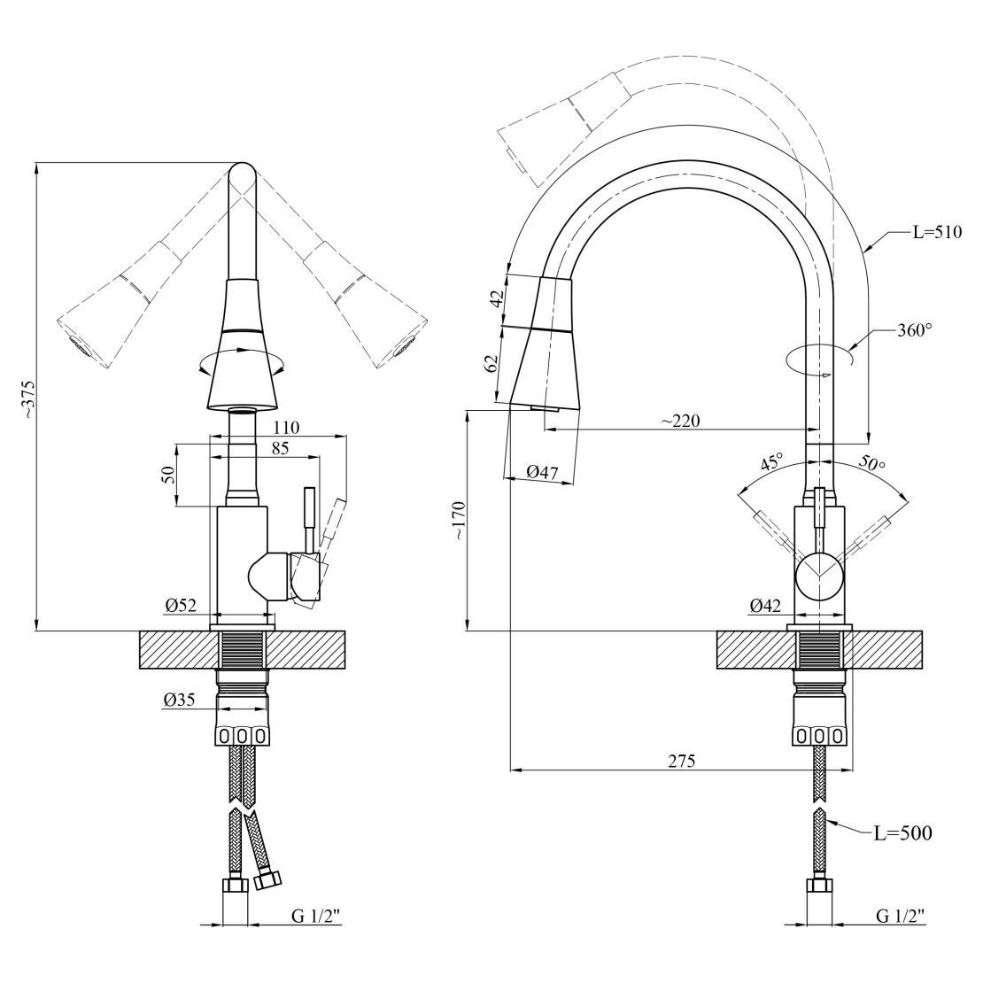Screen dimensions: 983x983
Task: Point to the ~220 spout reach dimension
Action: (x=680, y=421)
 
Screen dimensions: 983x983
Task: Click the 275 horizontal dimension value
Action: (x=681, y=761)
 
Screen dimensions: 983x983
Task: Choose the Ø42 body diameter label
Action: (x=764, y=606)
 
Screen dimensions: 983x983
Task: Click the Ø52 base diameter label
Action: (x=180, y=606)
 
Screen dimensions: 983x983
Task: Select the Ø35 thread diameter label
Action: (x=180, y=700)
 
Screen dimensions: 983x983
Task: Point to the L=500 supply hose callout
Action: (x=902, y=832)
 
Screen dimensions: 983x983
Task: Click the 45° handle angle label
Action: (x=771, y=462)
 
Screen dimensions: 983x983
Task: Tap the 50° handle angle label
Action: (x=871, y=463)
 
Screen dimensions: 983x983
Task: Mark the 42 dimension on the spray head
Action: (x=497, y=298)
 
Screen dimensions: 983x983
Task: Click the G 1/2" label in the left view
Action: (x=316, y=916)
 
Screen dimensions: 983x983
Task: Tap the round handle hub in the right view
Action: (x=819, y=574)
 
